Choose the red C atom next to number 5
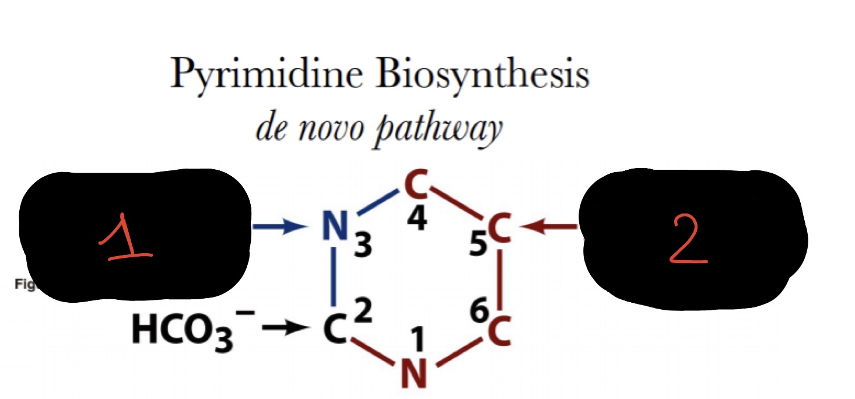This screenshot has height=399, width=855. tap(500, 229)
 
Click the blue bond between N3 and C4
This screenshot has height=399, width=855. tap(377, 202)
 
